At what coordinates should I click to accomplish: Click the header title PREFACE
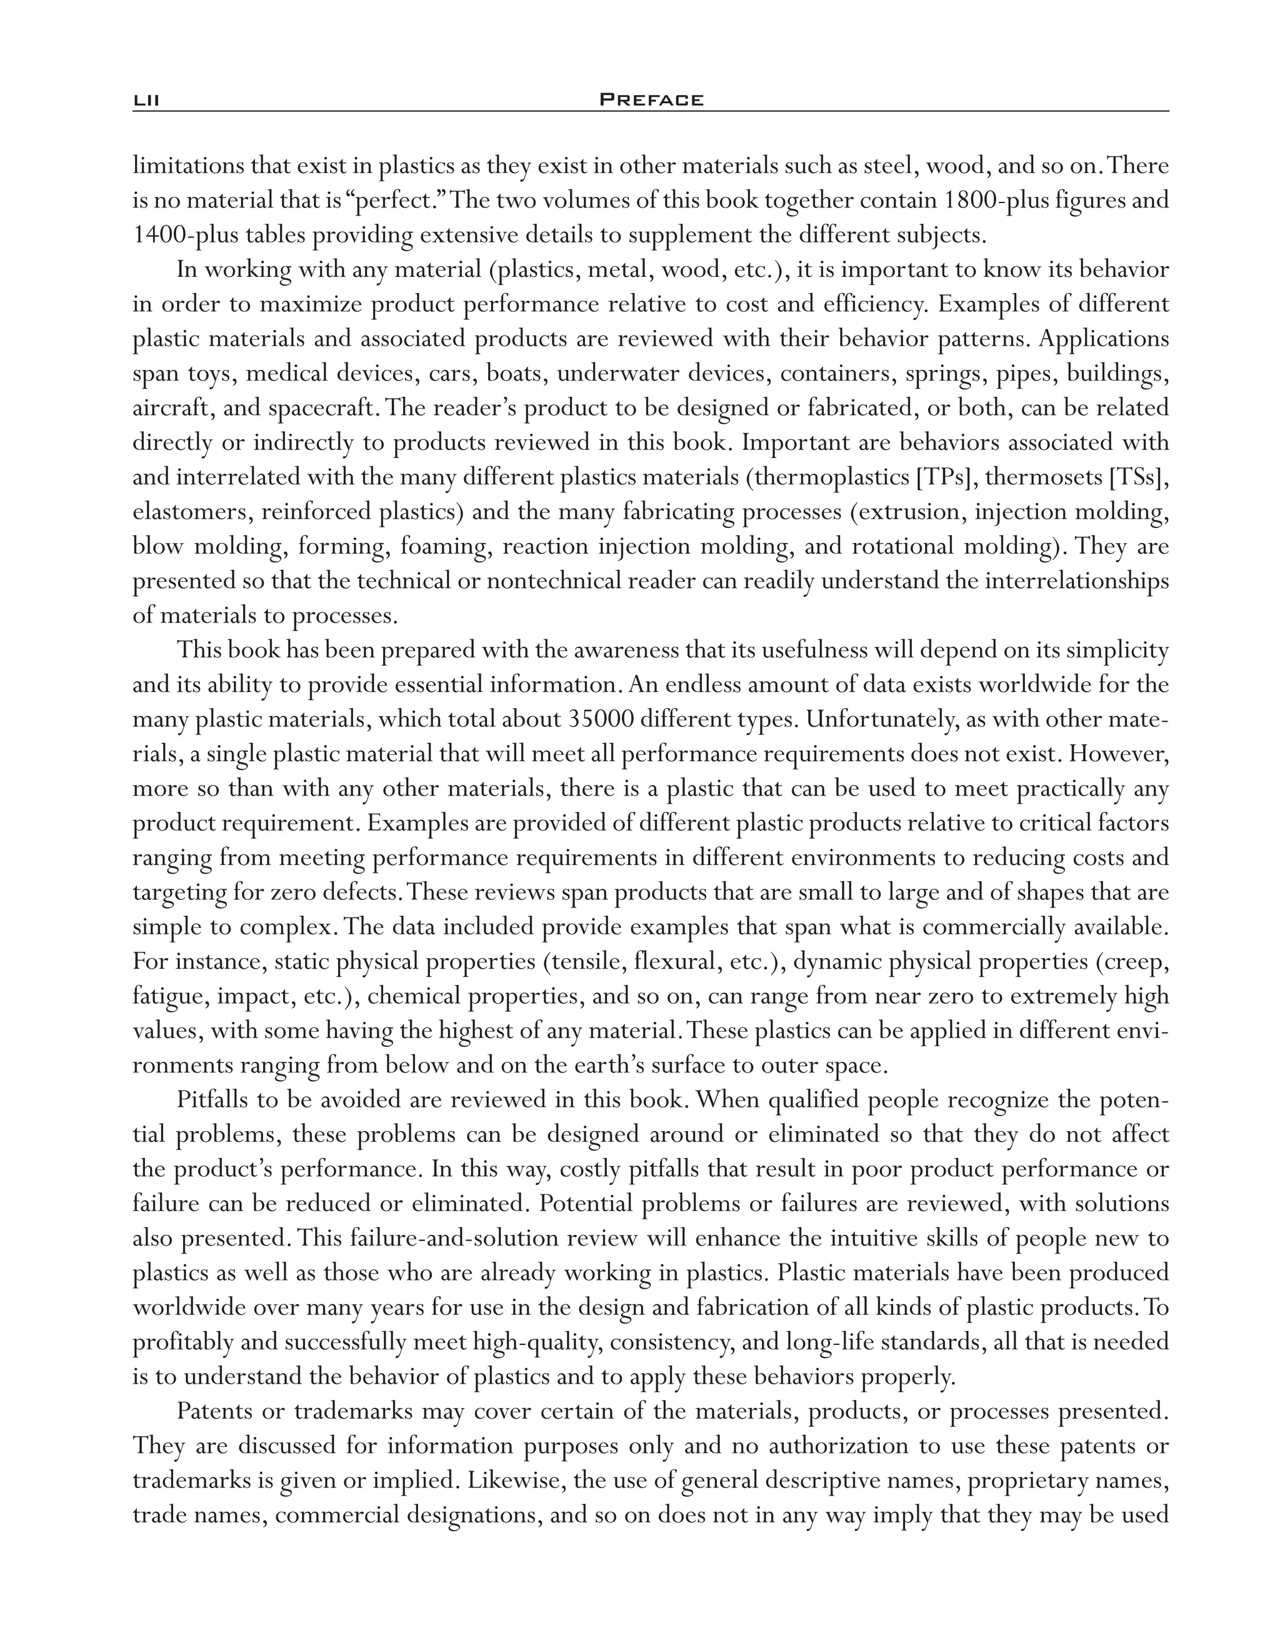[651, 99]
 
